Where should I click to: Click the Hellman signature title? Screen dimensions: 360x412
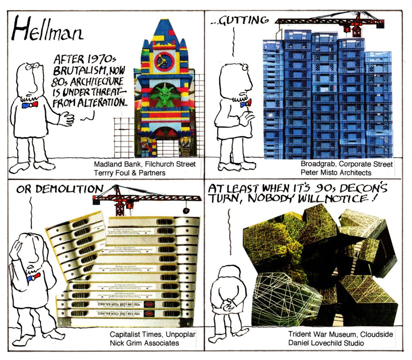tap(47, 29)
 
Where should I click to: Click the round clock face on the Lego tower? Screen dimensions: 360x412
tap(164, 62)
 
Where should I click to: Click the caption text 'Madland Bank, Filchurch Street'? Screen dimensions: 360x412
tap(145, 165)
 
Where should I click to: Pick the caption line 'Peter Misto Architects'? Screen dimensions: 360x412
tap(336, 173)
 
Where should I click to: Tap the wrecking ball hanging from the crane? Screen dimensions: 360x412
tap(185, 211)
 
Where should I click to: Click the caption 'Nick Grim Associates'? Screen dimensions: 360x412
tap(144, 343)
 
